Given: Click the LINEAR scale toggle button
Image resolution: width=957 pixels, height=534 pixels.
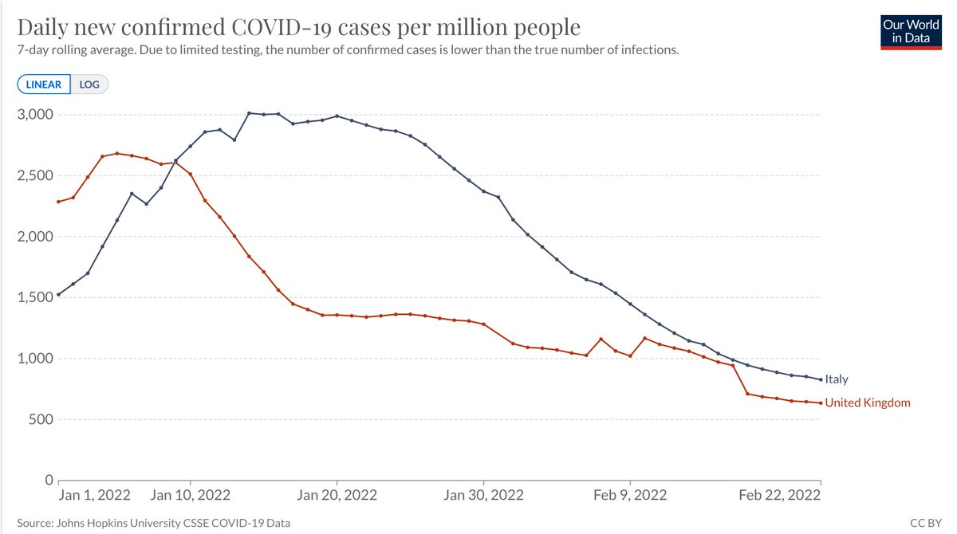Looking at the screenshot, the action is tap(44, 84).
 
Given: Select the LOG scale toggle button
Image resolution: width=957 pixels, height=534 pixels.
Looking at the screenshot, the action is tap(89, 84).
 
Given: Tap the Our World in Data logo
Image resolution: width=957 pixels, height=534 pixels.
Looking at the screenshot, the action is tap(911, 33).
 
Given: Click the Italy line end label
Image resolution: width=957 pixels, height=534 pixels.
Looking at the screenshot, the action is tap(836, 379).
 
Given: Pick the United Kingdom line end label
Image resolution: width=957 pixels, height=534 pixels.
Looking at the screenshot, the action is tap(868, 402).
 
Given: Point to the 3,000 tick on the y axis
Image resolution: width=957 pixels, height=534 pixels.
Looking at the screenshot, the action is tap(35, 115).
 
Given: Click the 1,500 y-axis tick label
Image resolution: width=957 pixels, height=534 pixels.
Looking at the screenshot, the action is tap(35, 297).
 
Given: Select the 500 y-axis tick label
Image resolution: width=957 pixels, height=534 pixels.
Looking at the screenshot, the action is tap(41, 419).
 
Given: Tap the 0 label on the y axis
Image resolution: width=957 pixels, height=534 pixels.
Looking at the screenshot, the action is tap(49, 481).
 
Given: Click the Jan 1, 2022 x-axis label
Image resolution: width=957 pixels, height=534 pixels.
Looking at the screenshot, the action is tap(94, 495).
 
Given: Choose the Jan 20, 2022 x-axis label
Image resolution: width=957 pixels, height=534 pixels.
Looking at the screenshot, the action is tap(337, 495).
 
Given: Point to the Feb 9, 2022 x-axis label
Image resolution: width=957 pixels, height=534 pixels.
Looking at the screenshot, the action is tap(630, 495).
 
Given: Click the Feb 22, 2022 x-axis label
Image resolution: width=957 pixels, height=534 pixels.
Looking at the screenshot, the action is tap(780, 495).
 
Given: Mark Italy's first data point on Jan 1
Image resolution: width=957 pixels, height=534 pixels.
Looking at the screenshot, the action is tap(58, 295).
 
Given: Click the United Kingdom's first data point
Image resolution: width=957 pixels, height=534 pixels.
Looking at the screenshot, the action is tap(58, 202).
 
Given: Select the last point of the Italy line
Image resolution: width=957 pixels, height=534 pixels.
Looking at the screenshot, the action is tap(821, 379).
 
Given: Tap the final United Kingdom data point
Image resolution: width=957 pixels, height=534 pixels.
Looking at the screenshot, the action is tap(821, 403).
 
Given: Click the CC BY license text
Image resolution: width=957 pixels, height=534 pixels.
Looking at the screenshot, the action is tap(926, 523).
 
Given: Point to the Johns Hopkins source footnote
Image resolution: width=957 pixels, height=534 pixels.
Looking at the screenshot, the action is tap(153, 523).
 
